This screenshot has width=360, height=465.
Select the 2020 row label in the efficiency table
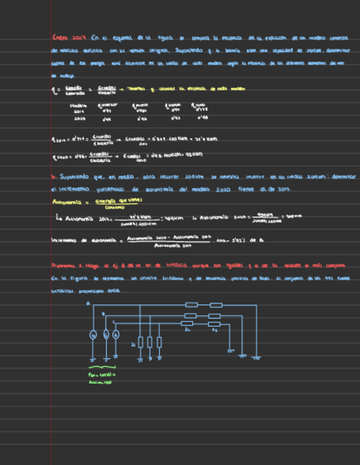tap(78, 117)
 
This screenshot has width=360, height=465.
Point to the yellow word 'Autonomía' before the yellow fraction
tap(65, 202)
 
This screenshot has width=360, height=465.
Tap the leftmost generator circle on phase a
tap(93, 334)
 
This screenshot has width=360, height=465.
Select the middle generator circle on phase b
tap(105, 334)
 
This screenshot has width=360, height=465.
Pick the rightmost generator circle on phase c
tap(115, 334)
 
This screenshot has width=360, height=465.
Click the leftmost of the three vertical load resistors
tap(140, 342)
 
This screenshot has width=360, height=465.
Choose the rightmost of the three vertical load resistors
tap(159, 342)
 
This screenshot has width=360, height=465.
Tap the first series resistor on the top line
tap(192, 304)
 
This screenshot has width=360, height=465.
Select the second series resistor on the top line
tap(216, 304)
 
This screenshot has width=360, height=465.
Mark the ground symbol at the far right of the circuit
tap(256, 358)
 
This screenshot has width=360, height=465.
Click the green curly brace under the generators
tap(102, 367)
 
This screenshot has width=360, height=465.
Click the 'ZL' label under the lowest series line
tap(188, 330)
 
